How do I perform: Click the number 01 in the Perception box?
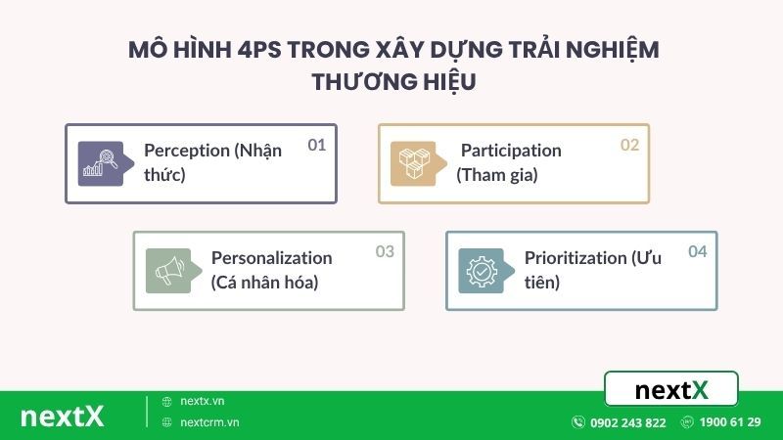[316, 145]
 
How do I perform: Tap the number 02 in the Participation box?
[629, 145]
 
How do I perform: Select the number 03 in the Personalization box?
[385, 251]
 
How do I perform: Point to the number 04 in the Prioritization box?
[697, 251]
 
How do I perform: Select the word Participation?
[511, 151]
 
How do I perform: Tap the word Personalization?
[271, 258]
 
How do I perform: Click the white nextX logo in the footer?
[62, 416]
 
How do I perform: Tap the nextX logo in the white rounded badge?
[671, 390]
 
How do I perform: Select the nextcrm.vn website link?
[209, 422]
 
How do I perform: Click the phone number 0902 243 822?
[627, 422]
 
